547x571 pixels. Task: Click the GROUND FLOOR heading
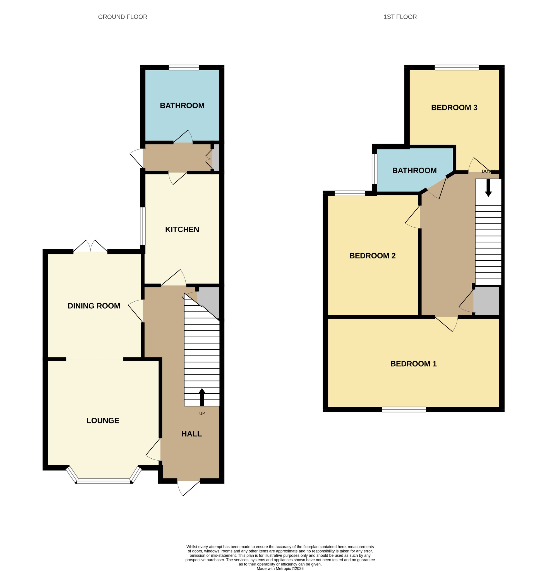point(123,17)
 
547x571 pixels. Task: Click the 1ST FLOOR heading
point(400,17)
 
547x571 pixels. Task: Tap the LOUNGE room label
point(103,420)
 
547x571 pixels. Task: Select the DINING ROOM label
point(94,306)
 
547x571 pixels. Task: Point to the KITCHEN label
point(182,229)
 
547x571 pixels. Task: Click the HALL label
point(191,434)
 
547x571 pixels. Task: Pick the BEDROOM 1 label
point(413,364)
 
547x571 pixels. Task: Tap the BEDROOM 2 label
point(372,255)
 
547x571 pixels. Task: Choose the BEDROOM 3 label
point(454,108)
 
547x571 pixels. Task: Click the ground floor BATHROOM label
point(182,105)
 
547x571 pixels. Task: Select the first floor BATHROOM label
point(414,170)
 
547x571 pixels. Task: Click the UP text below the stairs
point(202,413)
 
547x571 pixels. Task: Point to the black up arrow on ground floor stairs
point(202,397)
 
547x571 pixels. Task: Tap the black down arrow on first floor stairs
point(488,188)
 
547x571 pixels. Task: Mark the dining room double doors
point(90,246)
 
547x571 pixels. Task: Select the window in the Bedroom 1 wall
point(404,410)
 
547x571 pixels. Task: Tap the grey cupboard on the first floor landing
point(486,301)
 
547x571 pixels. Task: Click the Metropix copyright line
point(280,568)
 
